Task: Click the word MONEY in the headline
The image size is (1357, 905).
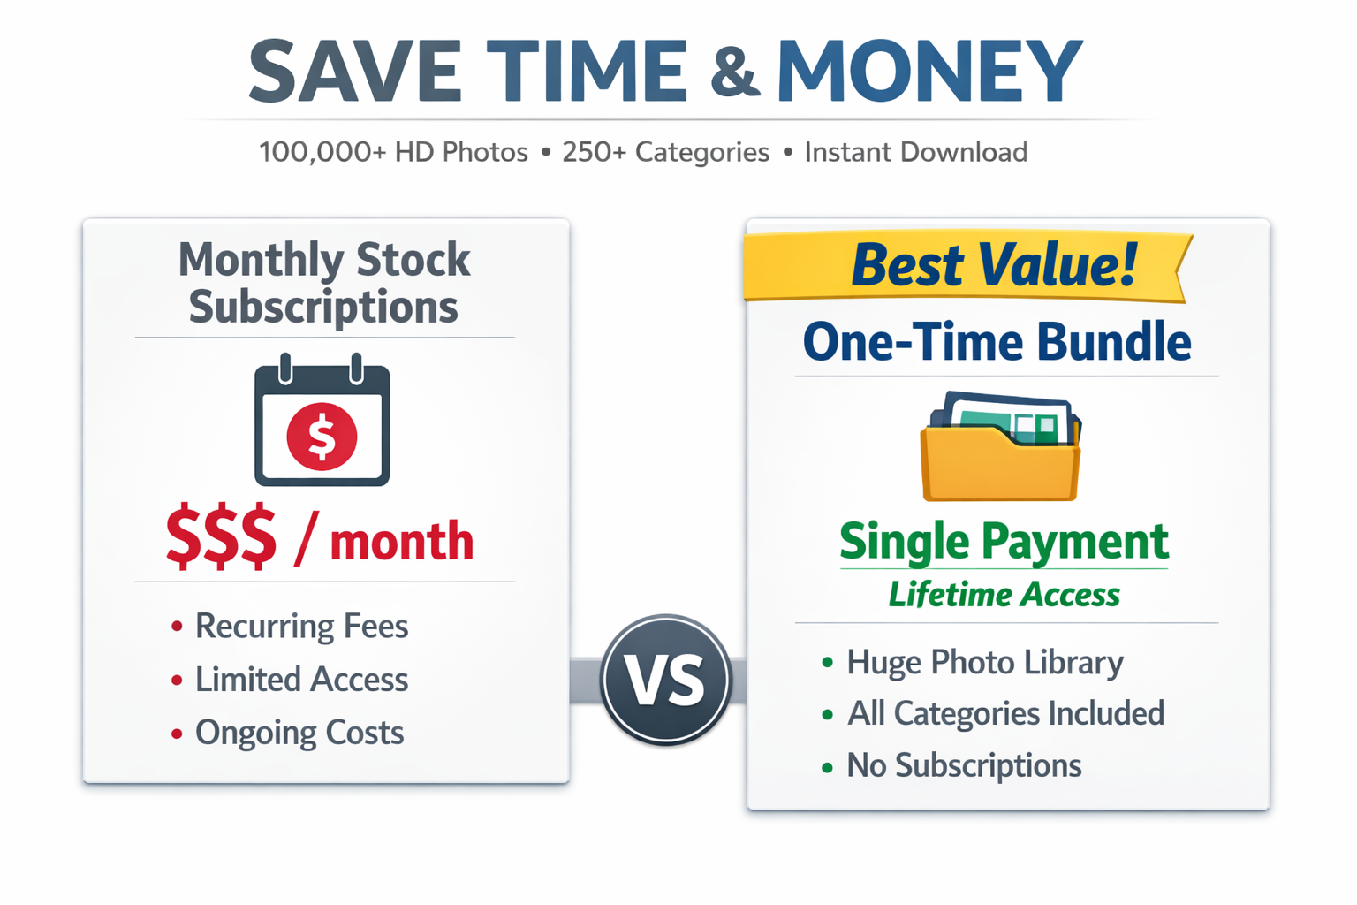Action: (x=930, y=71)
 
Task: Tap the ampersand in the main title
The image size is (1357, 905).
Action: (x=735, y=72)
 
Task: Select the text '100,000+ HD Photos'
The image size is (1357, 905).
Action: (x=393, y=152)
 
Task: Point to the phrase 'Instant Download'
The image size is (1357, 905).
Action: (x=916, y=152)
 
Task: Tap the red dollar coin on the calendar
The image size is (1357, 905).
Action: (x=322, y=437)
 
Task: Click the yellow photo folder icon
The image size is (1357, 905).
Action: (x=1000, y=446)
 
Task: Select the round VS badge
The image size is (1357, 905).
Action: (x=666, y=680)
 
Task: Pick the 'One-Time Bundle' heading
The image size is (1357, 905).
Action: (x=997, y=342)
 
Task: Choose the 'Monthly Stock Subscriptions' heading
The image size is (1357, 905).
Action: (x=324, y=284)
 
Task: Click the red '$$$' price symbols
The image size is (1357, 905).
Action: (x=221, y=536)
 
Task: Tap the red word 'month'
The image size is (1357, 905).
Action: (x=402, y=541)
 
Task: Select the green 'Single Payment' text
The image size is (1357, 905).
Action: (x=1004, y=544)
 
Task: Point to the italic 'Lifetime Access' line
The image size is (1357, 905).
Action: (x=1004, y=595)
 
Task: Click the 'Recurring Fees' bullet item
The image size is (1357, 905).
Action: (x=290, y=627)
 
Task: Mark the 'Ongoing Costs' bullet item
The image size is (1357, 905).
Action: (x=288, y=734)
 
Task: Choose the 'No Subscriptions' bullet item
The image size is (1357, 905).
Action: (x=951, y=766)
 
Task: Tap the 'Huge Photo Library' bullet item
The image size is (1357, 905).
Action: (x=973, y=663)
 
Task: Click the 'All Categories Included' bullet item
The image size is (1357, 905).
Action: (x=993, y=714)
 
